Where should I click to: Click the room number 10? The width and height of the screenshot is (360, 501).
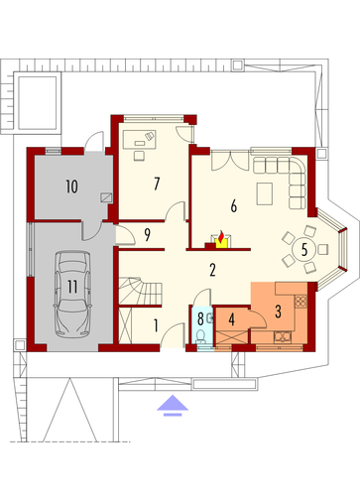click(x=71, y=187)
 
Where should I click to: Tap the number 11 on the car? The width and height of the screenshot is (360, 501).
click(x=72, y=287)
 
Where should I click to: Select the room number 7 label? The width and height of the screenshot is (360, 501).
click(x=157, y=184)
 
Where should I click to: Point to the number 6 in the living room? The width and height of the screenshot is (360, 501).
click(x=234, y=206)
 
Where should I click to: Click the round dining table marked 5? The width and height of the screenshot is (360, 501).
click(x=304, y=249)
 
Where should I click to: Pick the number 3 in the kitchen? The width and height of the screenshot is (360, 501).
click(x=278, y=312)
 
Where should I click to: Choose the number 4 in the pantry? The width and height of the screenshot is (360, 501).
click(x=232, y=319)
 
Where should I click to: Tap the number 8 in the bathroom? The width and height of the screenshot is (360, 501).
click(x=200, y=319)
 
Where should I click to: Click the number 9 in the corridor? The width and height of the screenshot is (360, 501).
click(x=147, y=234)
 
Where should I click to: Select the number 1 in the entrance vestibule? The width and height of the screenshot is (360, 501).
click(x=156, y=325)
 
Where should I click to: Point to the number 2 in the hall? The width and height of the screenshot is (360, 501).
click(x=212, y=270)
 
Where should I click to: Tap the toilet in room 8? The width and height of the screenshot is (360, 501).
click(x=200, y=336)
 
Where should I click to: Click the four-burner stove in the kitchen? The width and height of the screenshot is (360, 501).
click(x=300, y=301)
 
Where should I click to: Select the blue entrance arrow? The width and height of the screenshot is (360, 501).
click(x=173, y=405)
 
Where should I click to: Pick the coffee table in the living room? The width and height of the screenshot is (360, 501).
click(x=265, y=193)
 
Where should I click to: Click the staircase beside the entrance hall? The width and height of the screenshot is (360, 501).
click(x=140, y=291)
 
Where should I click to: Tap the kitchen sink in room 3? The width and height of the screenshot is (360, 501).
click(x=283, y=336)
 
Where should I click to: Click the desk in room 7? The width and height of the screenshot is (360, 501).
click(x=139, y=139)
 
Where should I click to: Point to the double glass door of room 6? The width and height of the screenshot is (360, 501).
click(x=230, y=160)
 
